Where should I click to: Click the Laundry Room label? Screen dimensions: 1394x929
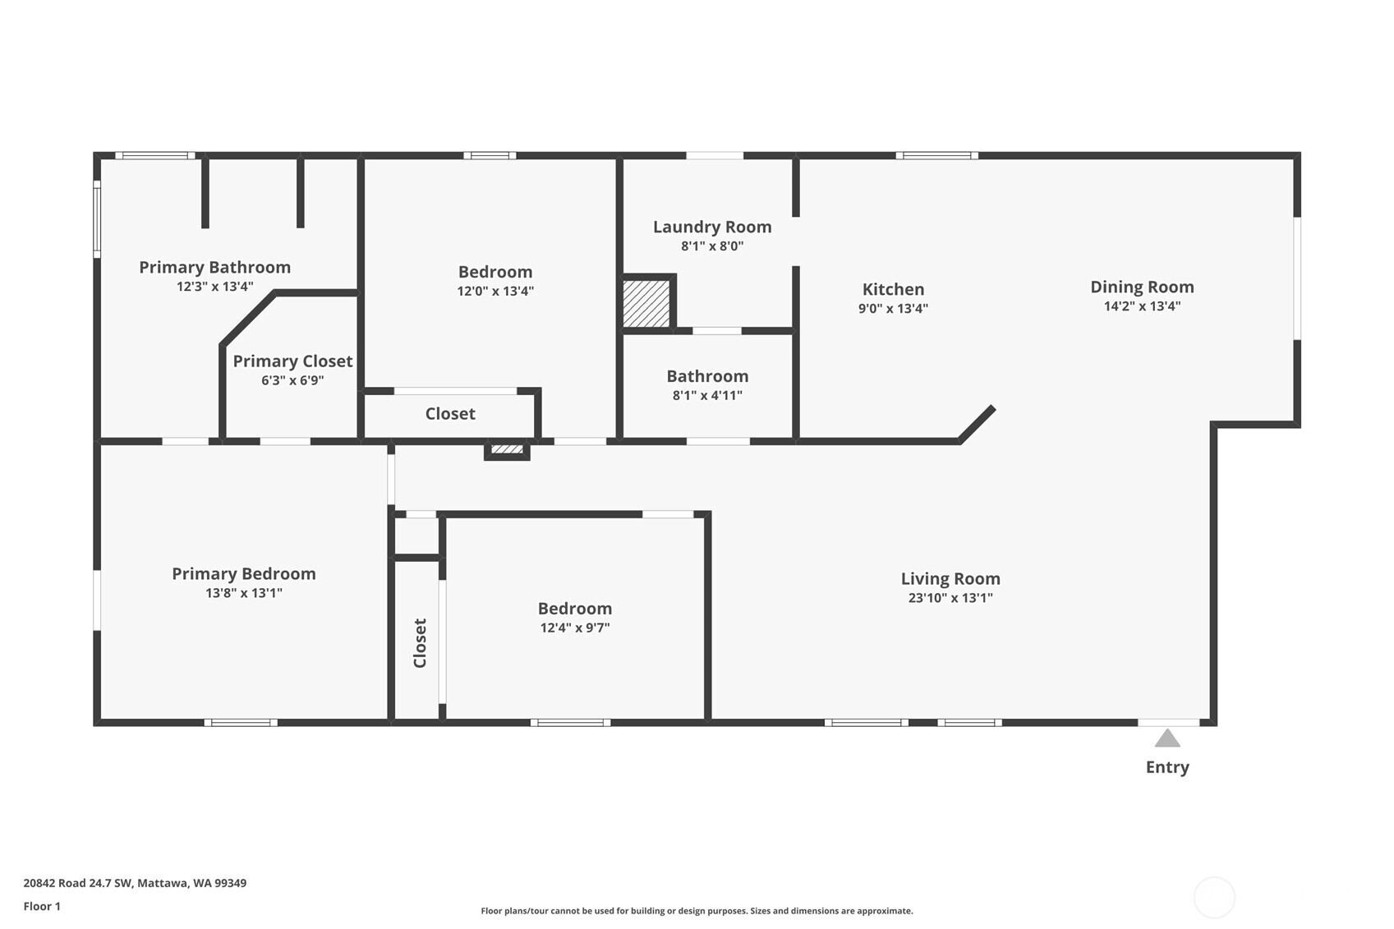pos(712,228)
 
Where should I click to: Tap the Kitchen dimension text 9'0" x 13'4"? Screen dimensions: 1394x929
pos(893,308)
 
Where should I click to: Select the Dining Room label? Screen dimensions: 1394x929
pos(1142,287)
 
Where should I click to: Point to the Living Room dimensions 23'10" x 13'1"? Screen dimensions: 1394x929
pos(950,597)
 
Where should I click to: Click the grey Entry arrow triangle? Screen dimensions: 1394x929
pos(1167,738)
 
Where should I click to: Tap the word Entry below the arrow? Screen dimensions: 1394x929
pos(1167,767)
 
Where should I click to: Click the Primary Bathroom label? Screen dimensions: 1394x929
pos(214,268)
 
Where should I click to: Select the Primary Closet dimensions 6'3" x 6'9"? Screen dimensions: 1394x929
pos(292,380)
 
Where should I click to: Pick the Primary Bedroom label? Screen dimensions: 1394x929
pos(244,573)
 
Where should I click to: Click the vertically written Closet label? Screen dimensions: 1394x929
pos(420,643)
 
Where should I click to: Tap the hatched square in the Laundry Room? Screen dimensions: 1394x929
pos(646,303)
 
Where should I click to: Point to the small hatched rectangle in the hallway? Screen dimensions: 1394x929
pos(507,448)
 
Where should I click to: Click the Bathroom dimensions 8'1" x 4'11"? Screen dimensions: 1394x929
pos(707,395)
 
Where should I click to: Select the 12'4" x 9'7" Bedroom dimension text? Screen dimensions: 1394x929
pos(575,628)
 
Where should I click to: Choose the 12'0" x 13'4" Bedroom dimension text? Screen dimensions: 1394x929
pos(495,291)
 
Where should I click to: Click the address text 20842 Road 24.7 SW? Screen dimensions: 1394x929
pos(78,883)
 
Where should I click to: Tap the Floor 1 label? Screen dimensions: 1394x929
pos(43,906)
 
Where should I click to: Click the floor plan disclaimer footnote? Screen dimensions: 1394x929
pos(697,911)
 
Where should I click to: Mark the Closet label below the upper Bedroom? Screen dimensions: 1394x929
pos(450,414)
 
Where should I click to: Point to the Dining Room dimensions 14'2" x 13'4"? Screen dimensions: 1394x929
pos(1142,306)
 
